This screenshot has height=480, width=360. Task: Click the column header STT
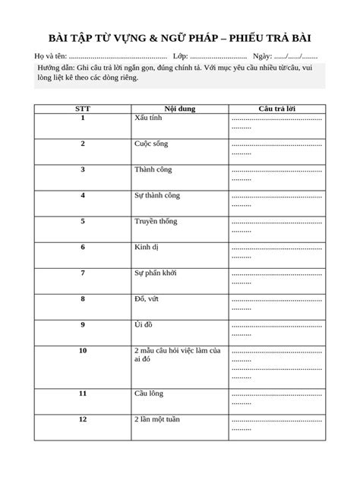[x=83, y=109]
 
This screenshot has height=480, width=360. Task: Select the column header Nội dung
[x=179, y=109]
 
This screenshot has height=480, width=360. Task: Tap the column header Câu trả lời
[x=277, y=109]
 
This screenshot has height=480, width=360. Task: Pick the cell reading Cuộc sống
[x=151, y=144]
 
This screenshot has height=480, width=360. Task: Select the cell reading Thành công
[x=153, y=169]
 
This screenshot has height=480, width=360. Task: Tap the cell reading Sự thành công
[x=157, y=195]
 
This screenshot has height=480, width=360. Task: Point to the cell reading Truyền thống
[x=156, y=221]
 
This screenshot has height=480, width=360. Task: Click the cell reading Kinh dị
[x=147, y=247]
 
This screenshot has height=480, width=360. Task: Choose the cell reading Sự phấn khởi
[x=156, y=273]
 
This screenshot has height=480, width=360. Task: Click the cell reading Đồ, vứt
[x=147, y=298]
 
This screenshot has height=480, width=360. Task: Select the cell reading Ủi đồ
[x=144, y=324]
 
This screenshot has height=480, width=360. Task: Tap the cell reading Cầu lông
[x=149, y=393]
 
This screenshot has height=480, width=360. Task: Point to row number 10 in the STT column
[x=83, y=350]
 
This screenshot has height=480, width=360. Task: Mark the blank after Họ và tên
[x=118, y=58]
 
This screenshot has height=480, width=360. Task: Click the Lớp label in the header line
[x=181, y=57]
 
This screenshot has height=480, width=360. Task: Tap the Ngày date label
[x=261, y=57]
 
